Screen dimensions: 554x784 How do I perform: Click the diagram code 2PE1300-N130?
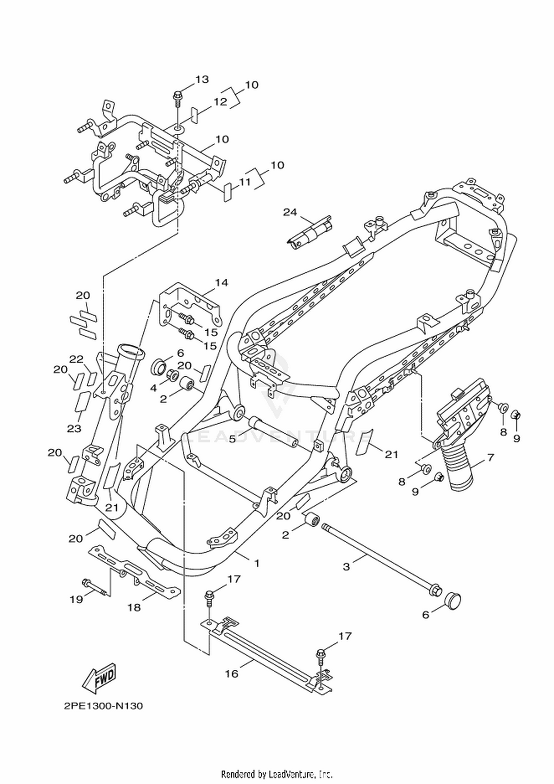(103, 706)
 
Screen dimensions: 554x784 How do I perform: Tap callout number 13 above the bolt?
(202, 79)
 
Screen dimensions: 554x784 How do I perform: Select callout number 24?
(290, 212)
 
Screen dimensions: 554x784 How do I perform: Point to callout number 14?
(222, 283)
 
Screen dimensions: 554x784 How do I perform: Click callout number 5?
(232, 439)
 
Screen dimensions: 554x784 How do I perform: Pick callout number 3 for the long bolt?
(346, 566)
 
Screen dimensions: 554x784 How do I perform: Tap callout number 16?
(232, 673)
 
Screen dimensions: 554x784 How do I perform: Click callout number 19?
(76, 599)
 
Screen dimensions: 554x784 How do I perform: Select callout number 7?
(490, 458)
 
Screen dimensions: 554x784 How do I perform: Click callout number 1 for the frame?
(257, 563)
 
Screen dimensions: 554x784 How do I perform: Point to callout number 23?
(74, 428)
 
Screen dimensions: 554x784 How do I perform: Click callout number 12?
(220, 102)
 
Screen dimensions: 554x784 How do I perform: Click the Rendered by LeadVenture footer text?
(277, 774)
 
